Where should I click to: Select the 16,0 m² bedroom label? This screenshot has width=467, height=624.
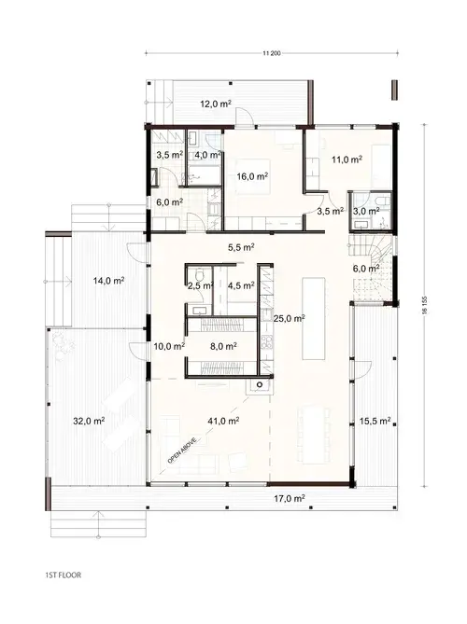[x=252, y=175]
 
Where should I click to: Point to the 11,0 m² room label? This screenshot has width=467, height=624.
[x=347, y=159]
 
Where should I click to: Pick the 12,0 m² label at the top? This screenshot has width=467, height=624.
[x=215, y=104]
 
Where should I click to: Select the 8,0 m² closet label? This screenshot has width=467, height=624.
[x=223, y=344]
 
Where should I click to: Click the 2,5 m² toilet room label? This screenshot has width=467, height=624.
[x=200, y=287]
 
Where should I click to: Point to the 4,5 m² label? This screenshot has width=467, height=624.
[x=242, y=287]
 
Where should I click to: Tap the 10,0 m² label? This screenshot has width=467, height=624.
[x=167, y=345]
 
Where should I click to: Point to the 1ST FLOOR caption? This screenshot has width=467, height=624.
[x=63, y=575]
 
